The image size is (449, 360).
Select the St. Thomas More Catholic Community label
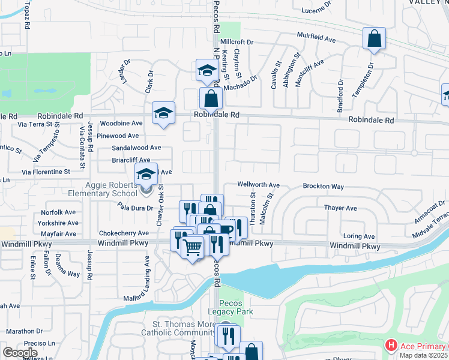coord(178,328)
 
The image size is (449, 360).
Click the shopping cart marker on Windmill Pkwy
coord(193,247)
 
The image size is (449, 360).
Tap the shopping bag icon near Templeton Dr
coord(374,40)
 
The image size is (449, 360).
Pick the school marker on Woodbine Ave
coord(163,114)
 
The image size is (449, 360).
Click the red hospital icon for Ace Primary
coord(391,346)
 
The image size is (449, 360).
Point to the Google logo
coord(20,353)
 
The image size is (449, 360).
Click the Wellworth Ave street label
coord(259,185)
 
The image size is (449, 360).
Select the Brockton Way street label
coord(323,187)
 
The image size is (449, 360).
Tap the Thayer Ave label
coord(340,208)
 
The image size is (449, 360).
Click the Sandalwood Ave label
coord(136,147)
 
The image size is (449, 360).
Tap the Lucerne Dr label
coord(316,8)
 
